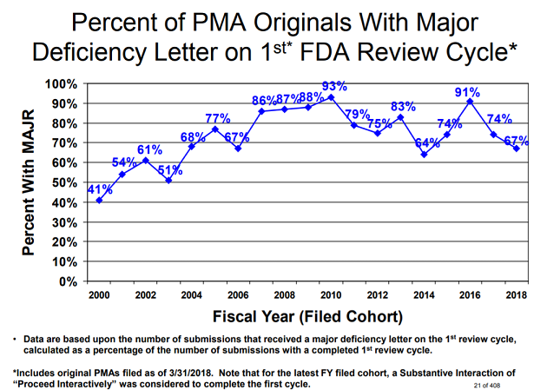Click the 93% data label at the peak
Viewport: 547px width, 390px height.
[x=334, y=86]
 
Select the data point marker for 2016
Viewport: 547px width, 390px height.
[x=470, y=102]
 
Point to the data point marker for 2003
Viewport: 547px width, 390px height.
[x=168, y=180]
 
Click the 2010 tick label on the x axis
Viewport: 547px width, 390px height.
[x=331, y=294]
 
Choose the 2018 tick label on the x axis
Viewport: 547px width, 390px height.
[x=517, y=294]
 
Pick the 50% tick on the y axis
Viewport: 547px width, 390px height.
[x=66, y=182]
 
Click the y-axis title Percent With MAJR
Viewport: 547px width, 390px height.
[x=28, y=182]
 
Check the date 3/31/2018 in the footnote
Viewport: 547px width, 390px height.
[x=198, y=369]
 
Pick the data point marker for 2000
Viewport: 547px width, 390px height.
[x=99, y=201]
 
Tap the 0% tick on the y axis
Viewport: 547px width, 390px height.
[x=70, y=281]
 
